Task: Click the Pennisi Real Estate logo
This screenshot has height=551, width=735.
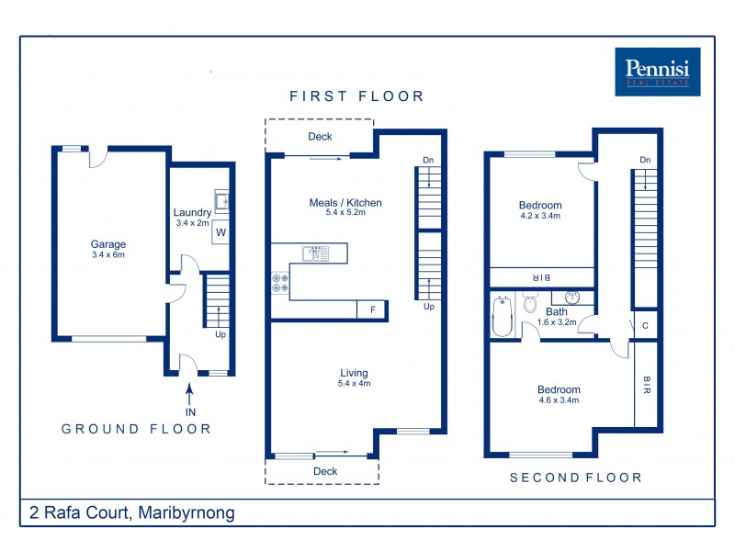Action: pyautogui.click(x=658, y=72)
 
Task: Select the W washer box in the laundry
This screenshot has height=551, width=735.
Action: pyautogui.click(x=220, y=233)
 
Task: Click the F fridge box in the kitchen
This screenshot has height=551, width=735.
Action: pyautogui.click(x=372, y=310)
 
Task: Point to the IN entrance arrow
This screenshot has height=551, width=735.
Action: pyautogui.click(x=190, y=397)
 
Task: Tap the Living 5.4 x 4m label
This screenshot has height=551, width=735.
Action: pyautogui.click(x=354, y=377)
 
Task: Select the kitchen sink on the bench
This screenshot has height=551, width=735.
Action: pyautogui.click(x=315, y=253)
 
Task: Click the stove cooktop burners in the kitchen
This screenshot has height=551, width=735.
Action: pyautogui.click(x=280, y=283)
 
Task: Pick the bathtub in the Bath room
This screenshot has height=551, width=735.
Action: pyautogui.click(x=502, y=316)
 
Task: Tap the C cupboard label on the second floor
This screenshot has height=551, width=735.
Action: pyautogui.click(x=645, y=325)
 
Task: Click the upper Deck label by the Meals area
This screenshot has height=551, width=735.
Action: pyautogui.click(x=320, y=137)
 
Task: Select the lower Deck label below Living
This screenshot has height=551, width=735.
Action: pyautogui.click(x=325, y=471)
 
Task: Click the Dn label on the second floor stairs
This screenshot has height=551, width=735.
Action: pyautogui.click(x=645, y=161)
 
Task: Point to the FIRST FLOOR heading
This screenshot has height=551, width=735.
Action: pyautogui.click(x=356, y=96)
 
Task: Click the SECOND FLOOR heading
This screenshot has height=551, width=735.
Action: pyautogui.click(x=576, y=478)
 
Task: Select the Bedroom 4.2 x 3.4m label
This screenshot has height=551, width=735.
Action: pyautogui.click(x=540, y=210)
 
